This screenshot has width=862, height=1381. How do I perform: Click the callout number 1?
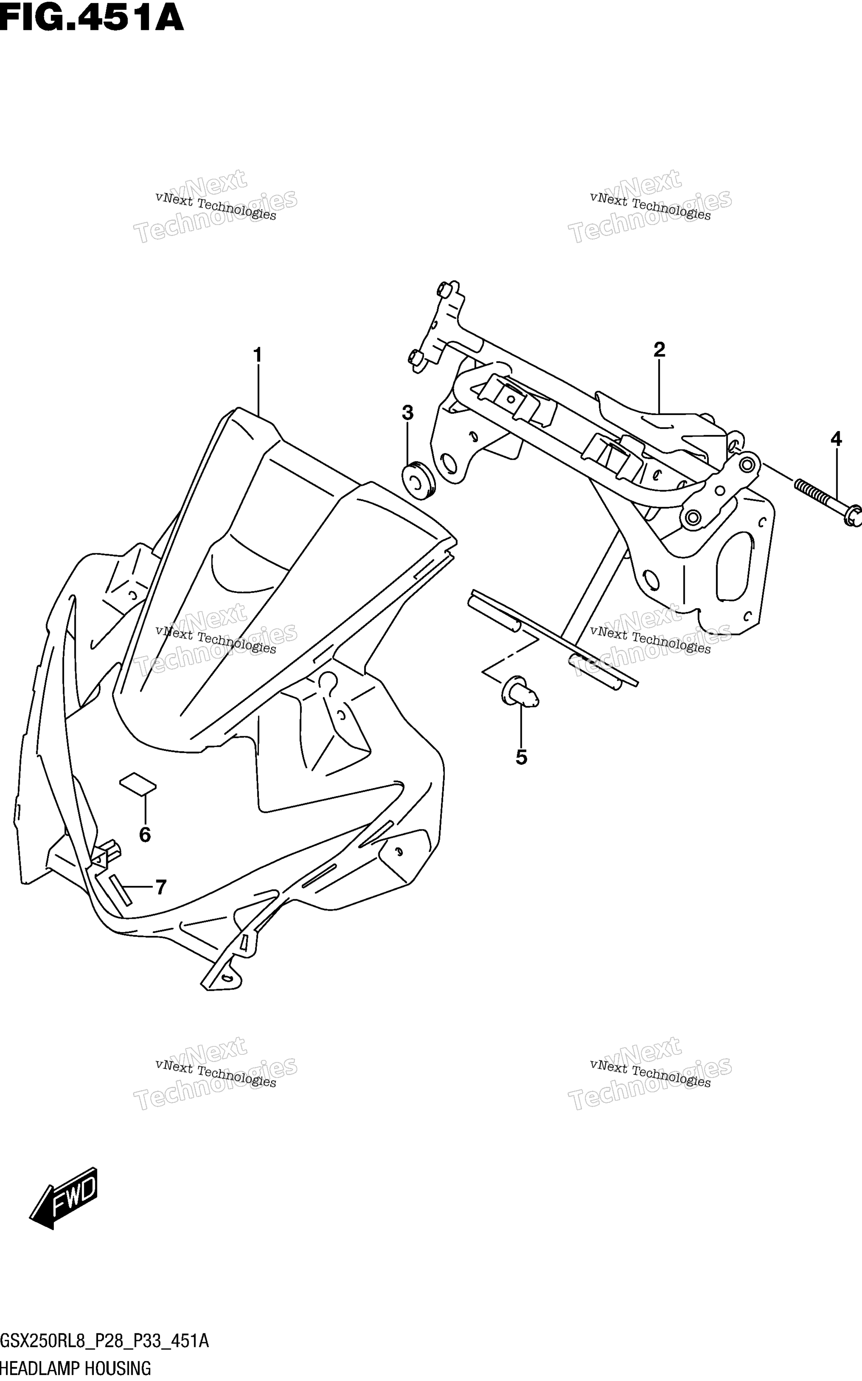point(258,355)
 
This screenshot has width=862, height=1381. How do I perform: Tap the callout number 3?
point(407,413)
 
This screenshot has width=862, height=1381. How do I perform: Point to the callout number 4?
point(836,439)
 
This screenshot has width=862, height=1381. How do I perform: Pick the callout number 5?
point(521,758)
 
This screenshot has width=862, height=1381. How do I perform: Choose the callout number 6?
point(145,835)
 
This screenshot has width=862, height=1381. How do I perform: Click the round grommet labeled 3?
point(419,478)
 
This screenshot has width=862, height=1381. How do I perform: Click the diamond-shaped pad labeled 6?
point(137,784)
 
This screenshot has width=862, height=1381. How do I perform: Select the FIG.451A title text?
point(92,18)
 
